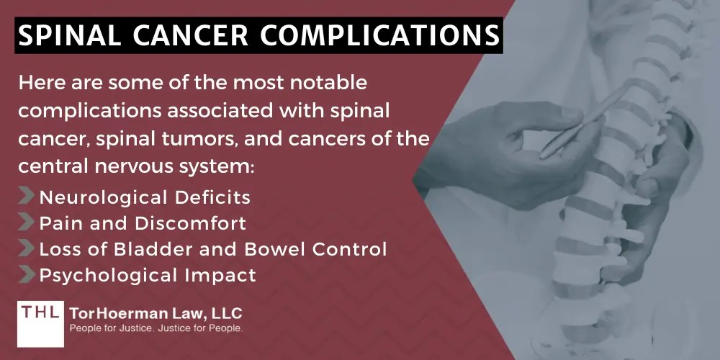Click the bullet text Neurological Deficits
pos(145,197)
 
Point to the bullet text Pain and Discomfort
pos(143,222)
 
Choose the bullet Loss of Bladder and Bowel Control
pos(213,248)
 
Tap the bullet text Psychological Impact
pos(148,274)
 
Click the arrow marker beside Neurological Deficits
pos(27,197)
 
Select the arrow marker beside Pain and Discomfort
pos(27,222)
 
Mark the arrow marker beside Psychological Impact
pos(27,274)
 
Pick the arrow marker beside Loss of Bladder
pos(27,248)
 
